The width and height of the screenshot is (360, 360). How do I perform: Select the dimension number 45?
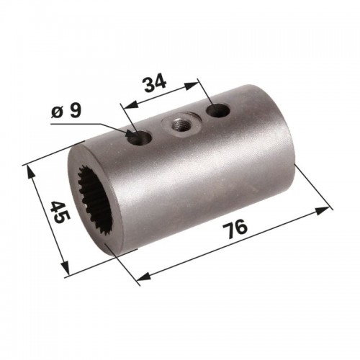tap(60, 212)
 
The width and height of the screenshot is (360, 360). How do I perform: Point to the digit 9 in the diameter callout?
tap(74, 111)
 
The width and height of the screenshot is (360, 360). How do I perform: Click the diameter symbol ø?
tap(57, 112)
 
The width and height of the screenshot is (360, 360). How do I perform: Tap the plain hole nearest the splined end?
tap(140, 138)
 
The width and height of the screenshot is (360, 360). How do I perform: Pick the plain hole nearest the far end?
tap(218, 111)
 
